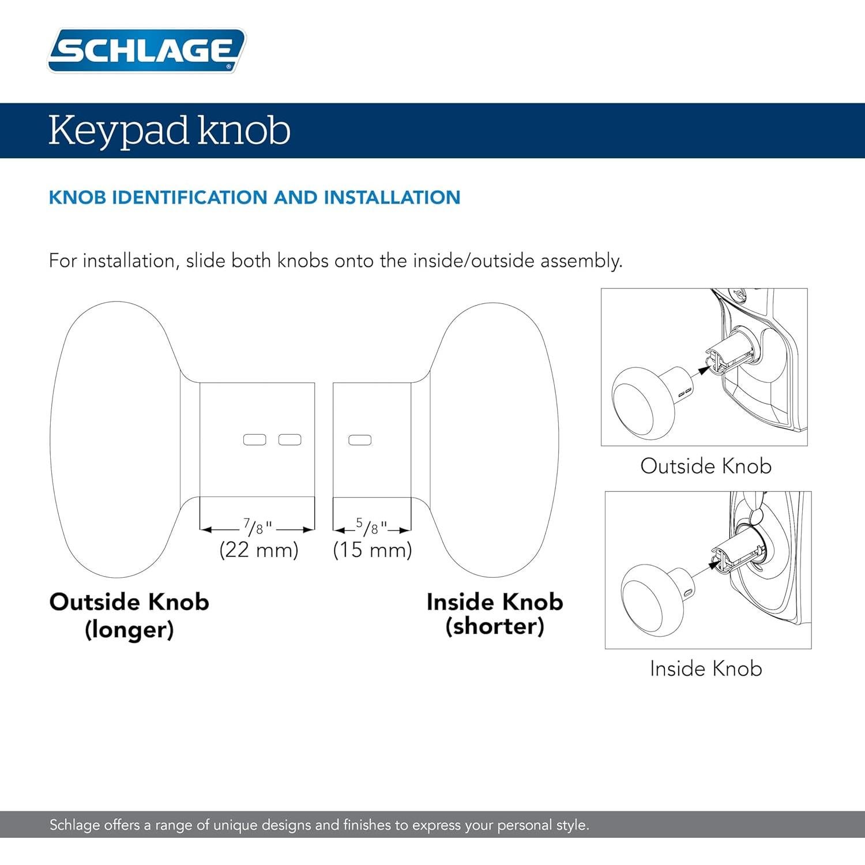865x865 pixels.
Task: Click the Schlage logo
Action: coord(146,50)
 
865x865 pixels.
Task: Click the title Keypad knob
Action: coord(169,130)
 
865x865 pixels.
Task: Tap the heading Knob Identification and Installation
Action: coord(254,197)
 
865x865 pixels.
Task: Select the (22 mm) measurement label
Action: coord(259,550)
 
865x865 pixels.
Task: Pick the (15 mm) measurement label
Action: coord(373,550)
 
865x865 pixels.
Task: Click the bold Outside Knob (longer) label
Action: coord(129,615)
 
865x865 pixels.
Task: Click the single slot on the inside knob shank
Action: coord(360,440)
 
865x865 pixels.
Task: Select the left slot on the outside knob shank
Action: coord(255,440)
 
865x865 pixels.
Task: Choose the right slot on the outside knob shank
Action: coord(289,440)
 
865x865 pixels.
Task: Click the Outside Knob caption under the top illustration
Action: coord(705,466)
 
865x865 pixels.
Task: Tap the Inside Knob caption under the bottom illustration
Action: coord(706,668)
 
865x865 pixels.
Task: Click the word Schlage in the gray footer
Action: coord(74,825)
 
